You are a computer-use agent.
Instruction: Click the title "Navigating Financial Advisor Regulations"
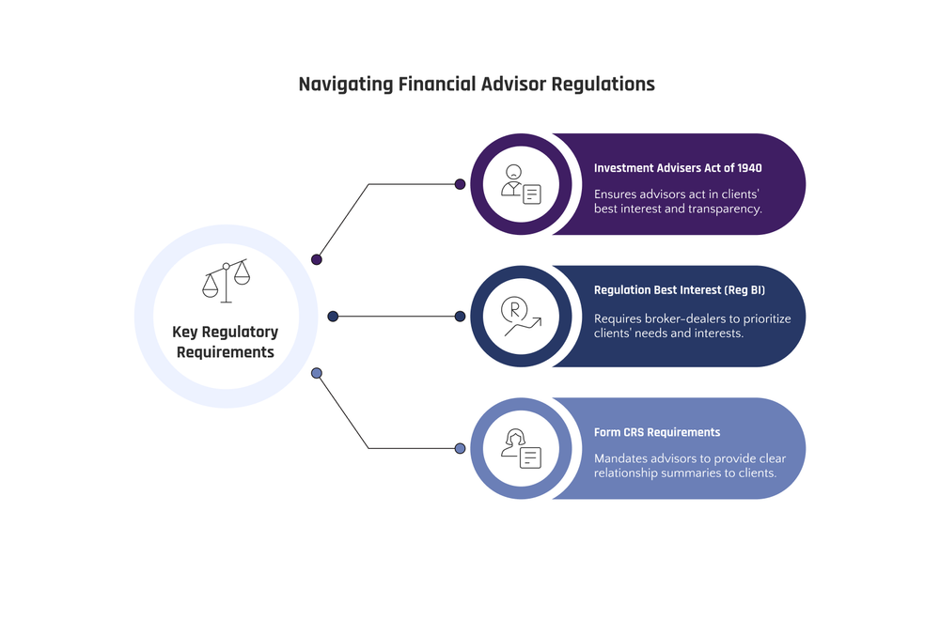click(x=477, y=84)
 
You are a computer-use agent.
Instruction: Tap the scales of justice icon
click(x=227, y=281)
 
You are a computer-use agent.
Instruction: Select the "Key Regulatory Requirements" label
click(x=226, y=342)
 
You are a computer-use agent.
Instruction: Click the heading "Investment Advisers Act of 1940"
click(x=678, y=168)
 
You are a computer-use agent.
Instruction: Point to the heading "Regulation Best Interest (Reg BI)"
click(x=680, y=290)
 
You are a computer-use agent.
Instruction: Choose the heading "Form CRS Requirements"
click(x=657, y=432)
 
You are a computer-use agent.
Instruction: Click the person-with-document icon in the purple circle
click(x=521, y=184)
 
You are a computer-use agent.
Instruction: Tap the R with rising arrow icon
click(x=521, y=317)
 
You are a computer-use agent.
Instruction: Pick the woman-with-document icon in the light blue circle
click(x=521, y=448)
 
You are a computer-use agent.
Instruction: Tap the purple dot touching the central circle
click(x=317, y=259)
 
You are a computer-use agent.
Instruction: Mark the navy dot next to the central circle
click(x=333, y=317)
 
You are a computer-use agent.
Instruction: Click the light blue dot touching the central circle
click(x=317, y=373)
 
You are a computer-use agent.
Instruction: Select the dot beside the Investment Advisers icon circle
click(x=460, y=184)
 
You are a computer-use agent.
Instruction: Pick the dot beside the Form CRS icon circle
click(x=460, y=448)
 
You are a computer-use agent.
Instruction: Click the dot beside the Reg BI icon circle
click(x=460, y=317)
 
